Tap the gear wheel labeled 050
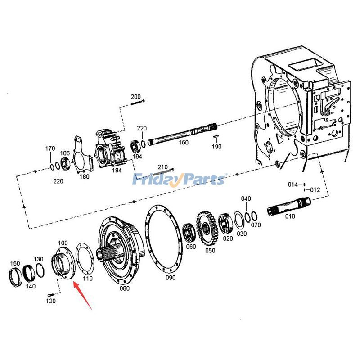(x=206, y=227)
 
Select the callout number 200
(x=135, y=97)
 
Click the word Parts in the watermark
(x=202, y=180)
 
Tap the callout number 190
(x=217, y=147)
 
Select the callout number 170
(x=50, y=148)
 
